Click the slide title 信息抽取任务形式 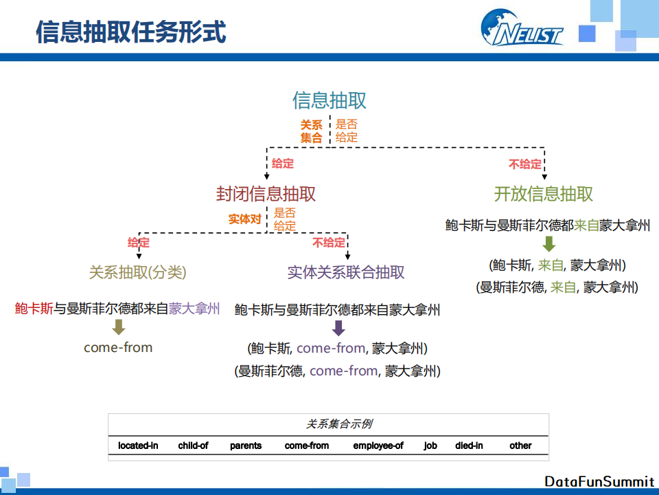pyautogui.click(x=130, y=32)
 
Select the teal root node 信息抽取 pyautogui.click(x=329, y=100)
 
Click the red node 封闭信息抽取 pyautogui.click(x=266, y=194)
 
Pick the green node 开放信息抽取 pyautogui.click(x=544, y=194)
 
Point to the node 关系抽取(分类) pyautogui.click(x=137, y=272)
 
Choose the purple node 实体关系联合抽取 pyautogui.click(x=346, y=272)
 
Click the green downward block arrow pyautogui.click(x=548, y=243)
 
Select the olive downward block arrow pyautogui.click(x=119, y=327)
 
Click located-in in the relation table pyautogui.click(x=138, y=445)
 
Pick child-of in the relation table pyautogui.click(x=193, y=445)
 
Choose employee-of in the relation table pyautogui.click(x=378, y=445)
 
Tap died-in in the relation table pyautogui.click(x=469, y=445)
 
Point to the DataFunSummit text pyautogui.click(x=599, y=481)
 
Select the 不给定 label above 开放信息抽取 pyautogui.click(x=524, y=164)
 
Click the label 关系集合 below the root pyautogui.click(x=311, y=131)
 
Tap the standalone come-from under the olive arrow pyautogui.click(x=118, y=347)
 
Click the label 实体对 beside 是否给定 pyautogui.click(x=245, y=219)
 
